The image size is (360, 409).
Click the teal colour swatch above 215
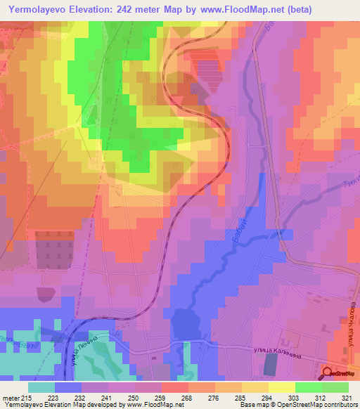click(x=41, y=387)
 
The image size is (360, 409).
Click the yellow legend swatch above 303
click(x=281, y=387)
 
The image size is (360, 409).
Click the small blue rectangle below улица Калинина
click(x=271, y=364)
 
